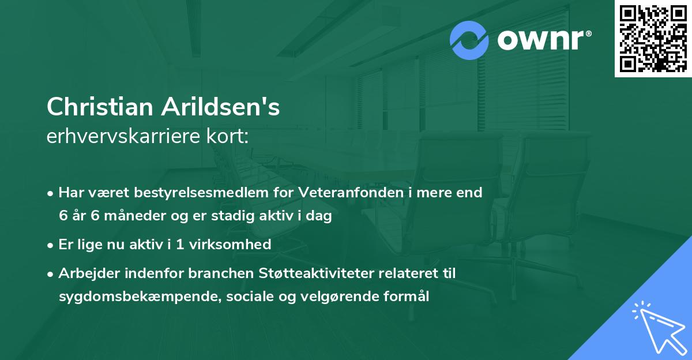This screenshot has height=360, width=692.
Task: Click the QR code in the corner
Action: (653, 39)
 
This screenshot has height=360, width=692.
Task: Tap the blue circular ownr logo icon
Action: (469, 40)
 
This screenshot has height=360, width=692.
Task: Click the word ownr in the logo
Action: (536, 40)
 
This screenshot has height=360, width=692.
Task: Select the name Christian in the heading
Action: (100, 108)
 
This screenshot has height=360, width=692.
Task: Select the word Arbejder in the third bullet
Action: (85, 273)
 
